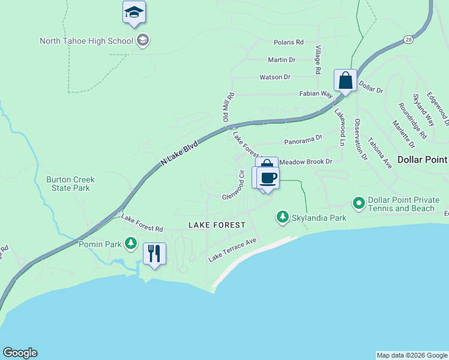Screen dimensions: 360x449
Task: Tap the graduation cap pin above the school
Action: coord(134,13)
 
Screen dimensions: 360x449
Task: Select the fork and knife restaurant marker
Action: coord(154,254)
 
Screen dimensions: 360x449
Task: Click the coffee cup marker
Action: coord(268,178)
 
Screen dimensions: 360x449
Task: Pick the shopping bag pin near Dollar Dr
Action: coord(346,80)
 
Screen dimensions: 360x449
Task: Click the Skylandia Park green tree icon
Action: coord(283,217)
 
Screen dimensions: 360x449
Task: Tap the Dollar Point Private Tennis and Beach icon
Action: coord(359,204)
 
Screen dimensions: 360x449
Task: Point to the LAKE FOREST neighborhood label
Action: coord(217,224)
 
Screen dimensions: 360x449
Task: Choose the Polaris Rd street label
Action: coord(289,43)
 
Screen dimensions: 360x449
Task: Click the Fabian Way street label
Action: coord(316,94)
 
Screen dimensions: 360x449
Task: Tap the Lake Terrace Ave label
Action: coord(232,250)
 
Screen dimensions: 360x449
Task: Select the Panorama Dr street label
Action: coord(303,138)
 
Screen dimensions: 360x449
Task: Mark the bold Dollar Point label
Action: coord(423,160)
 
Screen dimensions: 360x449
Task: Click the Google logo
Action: coord(20,353)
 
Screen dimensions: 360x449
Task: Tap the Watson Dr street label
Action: coord(275,77)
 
